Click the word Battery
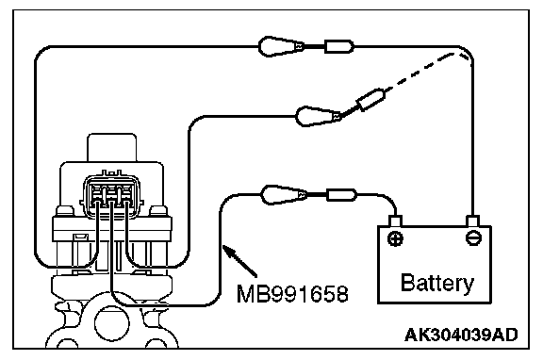(x=437, y=284)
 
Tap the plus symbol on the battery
(x=395, y=238)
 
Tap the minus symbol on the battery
(x=473, y=238)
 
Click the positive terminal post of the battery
(x=395, y=221)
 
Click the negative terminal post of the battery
(x=473, y=221)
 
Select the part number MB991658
(x=292, y=294)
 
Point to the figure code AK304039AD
(x=461, y=335)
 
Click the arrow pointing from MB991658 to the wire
(x=240, y=261)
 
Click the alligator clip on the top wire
(x=281, y=46)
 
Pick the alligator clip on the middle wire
(x=319, y=116)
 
